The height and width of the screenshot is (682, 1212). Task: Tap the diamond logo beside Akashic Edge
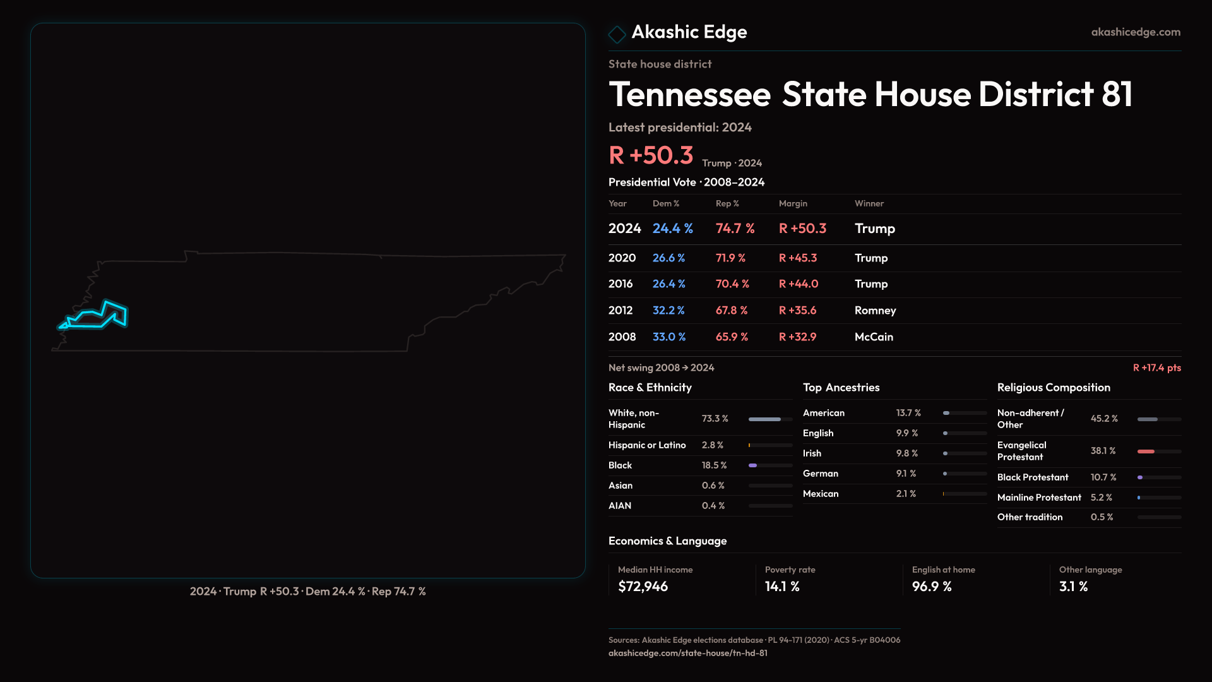[617, 33]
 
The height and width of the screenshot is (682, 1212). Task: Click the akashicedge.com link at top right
[1135, 32]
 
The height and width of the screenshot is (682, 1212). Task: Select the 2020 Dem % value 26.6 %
[668, 258]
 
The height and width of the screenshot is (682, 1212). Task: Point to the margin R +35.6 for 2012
[797, 311]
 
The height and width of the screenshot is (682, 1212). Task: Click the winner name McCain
[874, 337]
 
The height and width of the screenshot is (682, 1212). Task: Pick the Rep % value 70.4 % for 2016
[732, 284]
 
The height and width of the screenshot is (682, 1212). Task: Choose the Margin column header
[793, 204]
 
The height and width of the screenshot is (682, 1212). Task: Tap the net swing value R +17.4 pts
[1156, 368]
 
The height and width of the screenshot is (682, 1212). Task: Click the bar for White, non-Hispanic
[770, 419]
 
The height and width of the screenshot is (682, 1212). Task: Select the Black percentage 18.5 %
[714, 465]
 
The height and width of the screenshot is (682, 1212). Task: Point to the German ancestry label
[820, 474]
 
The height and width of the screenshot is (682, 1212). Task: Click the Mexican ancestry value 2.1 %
[906, 494]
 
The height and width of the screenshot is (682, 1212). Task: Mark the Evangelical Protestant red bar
[1146, 452]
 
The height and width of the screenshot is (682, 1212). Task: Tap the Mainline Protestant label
[1038, 498]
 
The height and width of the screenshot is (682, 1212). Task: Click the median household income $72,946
[643, 587]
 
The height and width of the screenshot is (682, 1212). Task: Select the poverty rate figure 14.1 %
[782, 587]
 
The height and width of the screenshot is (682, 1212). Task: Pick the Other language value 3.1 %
[1073, 587]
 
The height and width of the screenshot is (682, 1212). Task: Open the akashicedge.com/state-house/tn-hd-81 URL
[687, 654]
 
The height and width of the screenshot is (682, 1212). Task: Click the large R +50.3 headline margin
[651, 155]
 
